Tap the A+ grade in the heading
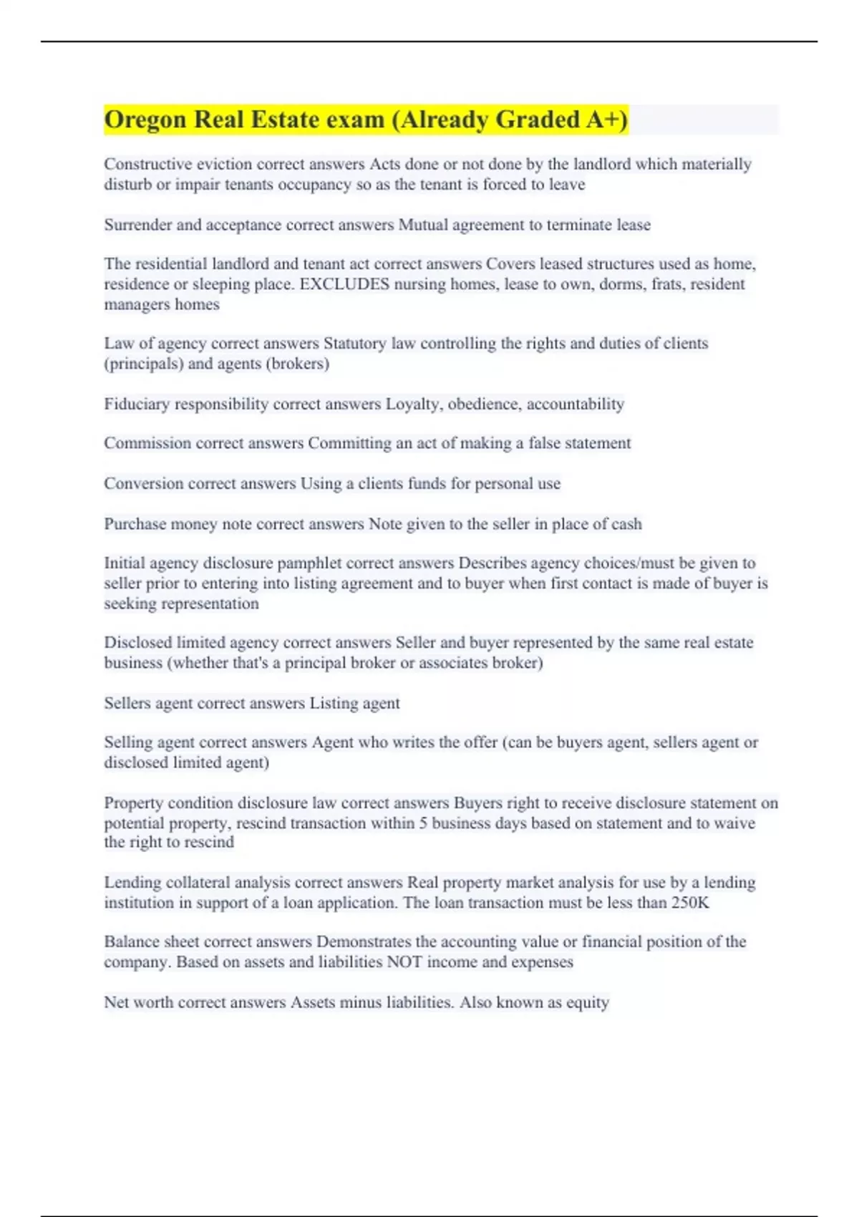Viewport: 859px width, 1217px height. (605, 120)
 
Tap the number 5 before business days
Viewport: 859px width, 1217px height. (424, 823)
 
